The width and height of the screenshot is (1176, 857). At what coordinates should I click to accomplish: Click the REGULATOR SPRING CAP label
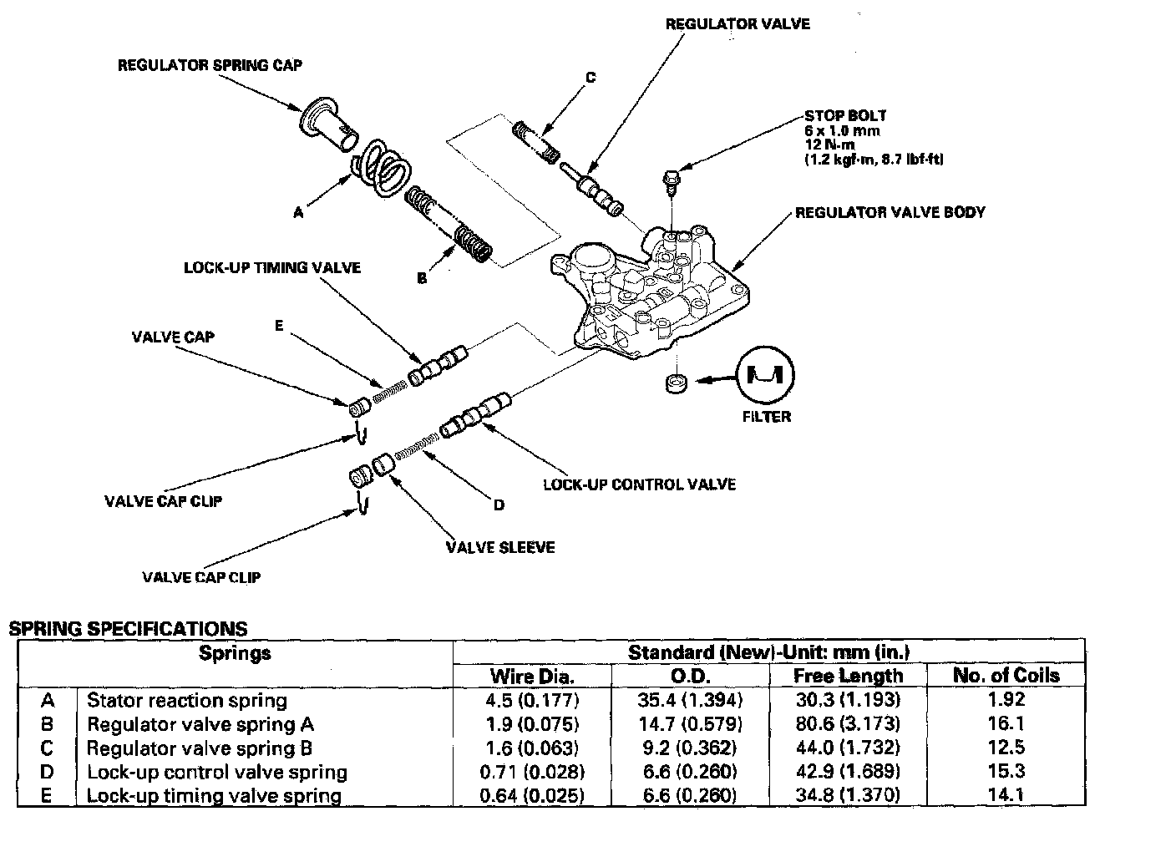coord(210,65)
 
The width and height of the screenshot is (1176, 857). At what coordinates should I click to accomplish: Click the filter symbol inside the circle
coord(765,377)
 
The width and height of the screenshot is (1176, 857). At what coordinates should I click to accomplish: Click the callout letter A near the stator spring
coord(298,214)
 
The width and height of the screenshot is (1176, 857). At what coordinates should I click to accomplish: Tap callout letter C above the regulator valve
coord(591,78)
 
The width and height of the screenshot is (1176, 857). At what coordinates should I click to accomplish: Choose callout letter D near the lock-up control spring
coord(499,505)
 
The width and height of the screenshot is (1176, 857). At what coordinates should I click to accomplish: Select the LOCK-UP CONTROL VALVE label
coord(639,484)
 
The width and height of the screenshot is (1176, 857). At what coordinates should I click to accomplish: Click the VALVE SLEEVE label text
coord(499,547)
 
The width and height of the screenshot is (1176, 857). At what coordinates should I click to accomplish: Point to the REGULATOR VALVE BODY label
coord(890,212)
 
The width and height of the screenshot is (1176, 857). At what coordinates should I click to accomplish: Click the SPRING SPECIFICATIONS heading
coord(128,629)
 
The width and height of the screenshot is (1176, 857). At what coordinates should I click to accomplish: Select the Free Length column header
coord(848,676)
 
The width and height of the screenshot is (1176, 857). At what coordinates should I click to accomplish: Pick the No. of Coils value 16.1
coord(1006,723)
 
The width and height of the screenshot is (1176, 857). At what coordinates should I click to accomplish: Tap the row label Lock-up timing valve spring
coord(214,796)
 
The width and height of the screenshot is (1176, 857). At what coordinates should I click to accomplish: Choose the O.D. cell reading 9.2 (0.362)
coord(689,748)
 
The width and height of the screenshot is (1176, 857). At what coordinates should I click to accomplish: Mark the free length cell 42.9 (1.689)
coord(848,772)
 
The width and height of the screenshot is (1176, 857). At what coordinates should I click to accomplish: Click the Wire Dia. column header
coord(532,676)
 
